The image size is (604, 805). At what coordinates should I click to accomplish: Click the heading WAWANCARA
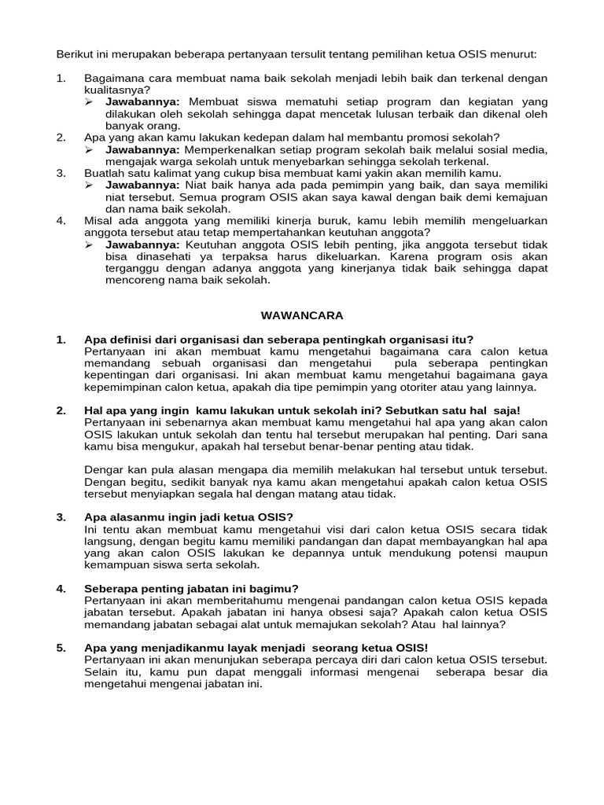(302, 315)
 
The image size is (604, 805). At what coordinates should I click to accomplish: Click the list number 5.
(61, 648)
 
